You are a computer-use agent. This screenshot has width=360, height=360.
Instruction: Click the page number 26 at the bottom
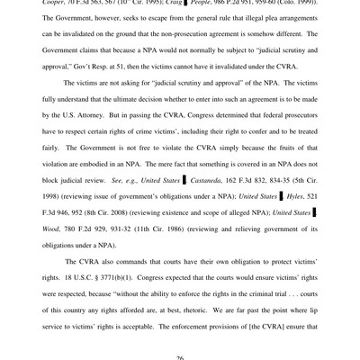coord(180,357)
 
